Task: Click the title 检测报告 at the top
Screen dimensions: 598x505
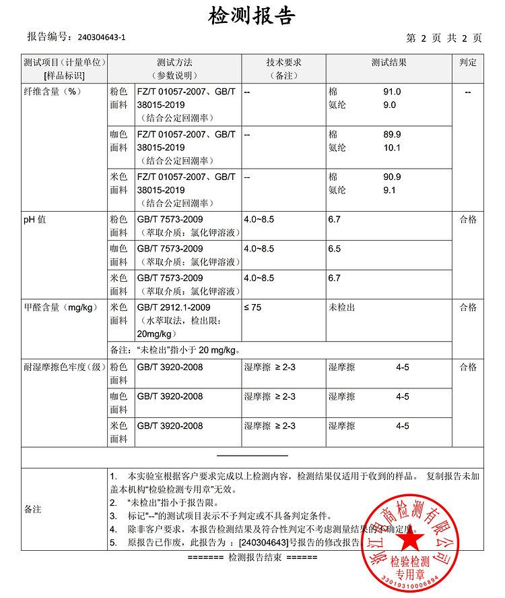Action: coord(252,15)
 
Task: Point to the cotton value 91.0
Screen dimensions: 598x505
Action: coord(392,92)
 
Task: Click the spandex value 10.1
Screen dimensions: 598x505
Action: coord(392,148)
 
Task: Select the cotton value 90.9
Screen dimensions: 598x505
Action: coord(392,177)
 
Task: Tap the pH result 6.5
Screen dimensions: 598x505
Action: coord(335,249)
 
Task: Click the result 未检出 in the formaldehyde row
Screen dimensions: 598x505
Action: coord(341,307)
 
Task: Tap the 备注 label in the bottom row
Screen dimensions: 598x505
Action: coord(33,509)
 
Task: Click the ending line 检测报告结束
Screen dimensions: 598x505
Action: coord(252,558)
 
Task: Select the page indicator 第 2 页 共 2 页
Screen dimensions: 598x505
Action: coord(444,38)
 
